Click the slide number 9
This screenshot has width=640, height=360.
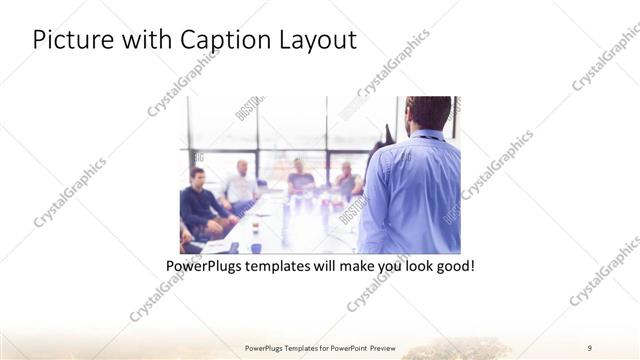(590, 347)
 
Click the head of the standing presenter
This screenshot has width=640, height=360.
(427, 112)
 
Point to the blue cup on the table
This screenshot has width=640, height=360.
(256, 247)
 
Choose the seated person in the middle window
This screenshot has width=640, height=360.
(300, 180)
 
